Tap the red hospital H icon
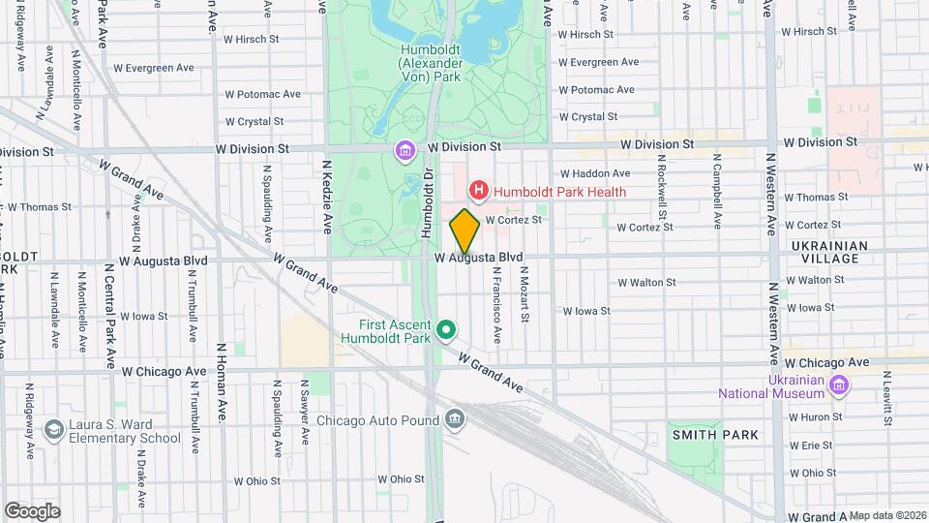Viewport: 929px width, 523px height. coord(477,192)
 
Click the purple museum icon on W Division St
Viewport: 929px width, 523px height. coord(405,151)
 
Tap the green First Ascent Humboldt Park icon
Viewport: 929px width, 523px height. coord(446,332)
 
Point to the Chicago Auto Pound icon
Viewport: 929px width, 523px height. coord(454,419)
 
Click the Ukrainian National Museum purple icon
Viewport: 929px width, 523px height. coord(838,386)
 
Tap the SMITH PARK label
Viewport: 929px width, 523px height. coord(715,436)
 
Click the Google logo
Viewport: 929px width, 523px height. coord(32,511)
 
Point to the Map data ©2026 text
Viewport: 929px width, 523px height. coord(886,515)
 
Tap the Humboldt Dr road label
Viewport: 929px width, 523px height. coord(426,203)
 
